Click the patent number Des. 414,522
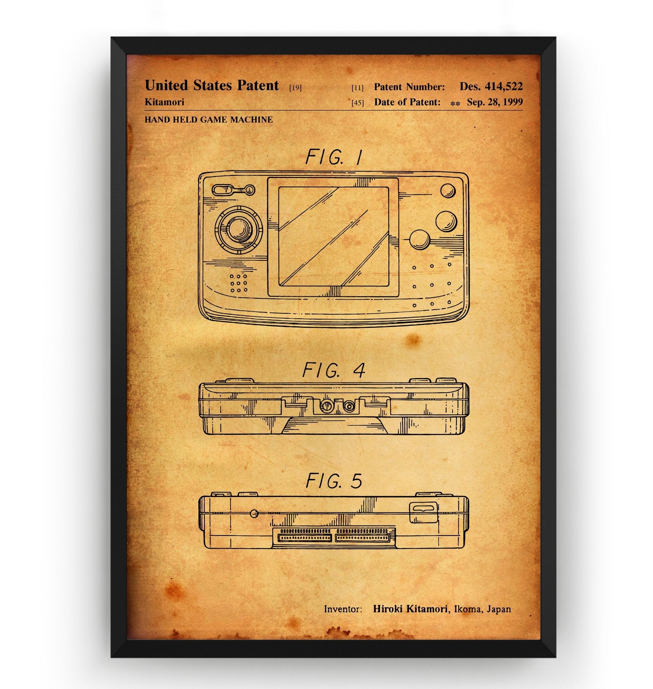point(491,86)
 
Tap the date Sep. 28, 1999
point(495,102)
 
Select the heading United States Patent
point(212,85)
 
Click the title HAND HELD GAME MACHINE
point(209,120)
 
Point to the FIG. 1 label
point(333,158)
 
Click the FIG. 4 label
point(333,370)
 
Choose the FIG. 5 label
point(333,481)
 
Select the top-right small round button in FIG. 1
point(448,190)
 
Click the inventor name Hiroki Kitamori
point(410,609)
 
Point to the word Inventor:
point(343,609)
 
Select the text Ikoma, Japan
point(481,609)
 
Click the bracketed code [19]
point(295,88)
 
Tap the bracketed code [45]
point(357,103)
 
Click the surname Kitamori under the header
point(164,102)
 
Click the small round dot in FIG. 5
point(254,513)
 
